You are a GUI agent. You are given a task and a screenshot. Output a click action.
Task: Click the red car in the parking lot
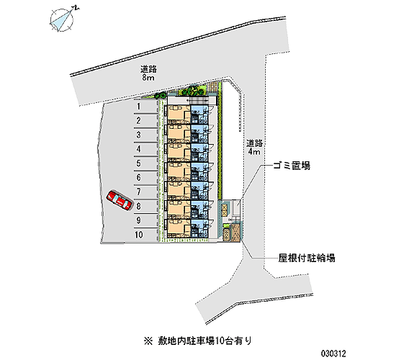click(120, 200)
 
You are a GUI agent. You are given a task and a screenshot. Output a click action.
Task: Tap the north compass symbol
click(63, 19)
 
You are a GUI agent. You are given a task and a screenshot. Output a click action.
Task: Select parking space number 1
click(145, 107)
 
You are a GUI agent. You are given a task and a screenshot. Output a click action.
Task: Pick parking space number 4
click(145, 149)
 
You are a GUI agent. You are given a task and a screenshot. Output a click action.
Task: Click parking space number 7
click(145, 192)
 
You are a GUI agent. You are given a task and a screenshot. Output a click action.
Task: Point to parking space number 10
click(145, 235)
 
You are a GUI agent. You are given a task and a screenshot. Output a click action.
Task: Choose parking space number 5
click(145, 163)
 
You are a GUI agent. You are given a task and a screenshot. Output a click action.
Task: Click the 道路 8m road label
click(148, 73)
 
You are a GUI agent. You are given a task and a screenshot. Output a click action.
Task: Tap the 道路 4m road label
click(254, 148)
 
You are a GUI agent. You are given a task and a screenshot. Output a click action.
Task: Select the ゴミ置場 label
click(292, 166)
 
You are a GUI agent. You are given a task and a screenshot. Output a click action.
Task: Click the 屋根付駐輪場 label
click(307, 258)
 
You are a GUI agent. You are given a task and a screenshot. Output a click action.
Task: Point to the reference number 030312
click(333, 354)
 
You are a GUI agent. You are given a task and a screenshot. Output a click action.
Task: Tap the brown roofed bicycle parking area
click(237, 233)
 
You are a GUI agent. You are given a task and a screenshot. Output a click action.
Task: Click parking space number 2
click(145, 121)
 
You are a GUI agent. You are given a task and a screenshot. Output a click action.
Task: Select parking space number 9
click(145, 220)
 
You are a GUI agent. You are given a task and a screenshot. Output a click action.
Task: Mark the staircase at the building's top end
click(199, 101)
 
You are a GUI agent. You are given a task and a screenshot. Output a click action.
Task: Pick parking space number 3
click(145, 135)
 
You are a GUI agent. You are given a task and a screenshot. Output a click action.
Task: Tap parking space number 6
click(145, 178)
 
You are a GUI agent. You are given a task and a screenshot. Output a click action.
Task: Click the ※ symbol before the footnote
click(148, 341)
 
